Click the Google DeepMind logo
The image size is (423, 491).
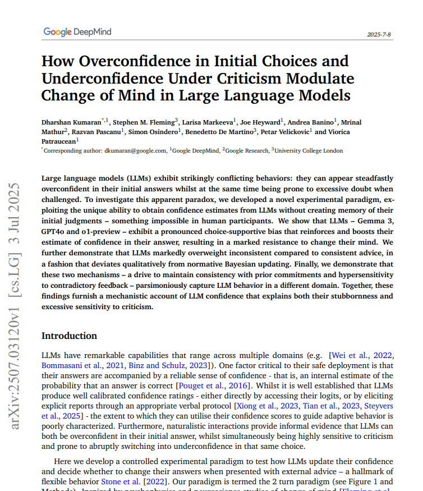click(77, 32)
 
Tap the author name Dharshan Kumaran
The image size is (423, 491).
click(71, 122)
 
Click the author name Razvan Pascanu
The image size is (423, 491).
click(96, 132)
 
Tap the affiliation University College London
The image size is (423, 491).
click(309, 151)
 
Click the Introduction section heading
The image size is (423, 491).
click(69, 336)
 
